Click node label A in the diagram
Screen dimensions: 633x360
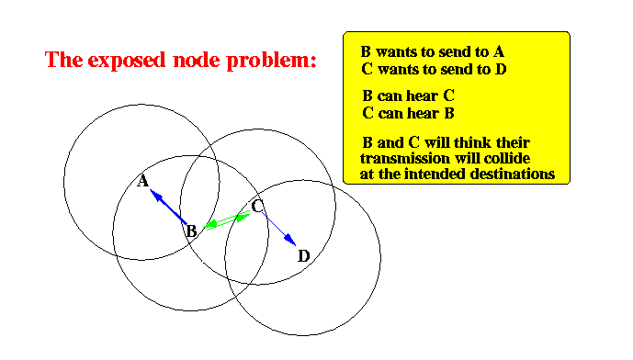tap(142, 181)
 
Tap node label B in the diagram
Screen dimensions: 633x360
tap(191, 231)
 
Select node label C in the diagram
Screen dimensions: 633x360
tap(257, 207)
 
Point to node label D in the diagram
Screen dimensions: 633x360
tap(304, 256)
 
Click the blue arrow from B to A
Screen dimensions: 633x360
tap(168, 207)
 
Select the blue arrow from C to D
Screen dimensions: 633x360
tap(279, 230)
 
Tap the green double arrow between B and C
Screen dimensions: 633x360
tap(227, 220)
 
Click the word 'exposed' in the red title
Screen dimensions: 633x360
tap(127, 61)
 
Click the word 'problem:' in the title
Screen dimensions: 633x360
tap(271, 61)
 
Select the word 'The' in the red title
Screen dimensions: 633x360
tap(62, 60)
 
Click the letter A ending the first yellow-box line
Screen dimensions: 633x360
tap(499, 51)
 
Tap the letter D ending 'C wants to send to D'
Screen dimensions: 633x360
tap(501, 70)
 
